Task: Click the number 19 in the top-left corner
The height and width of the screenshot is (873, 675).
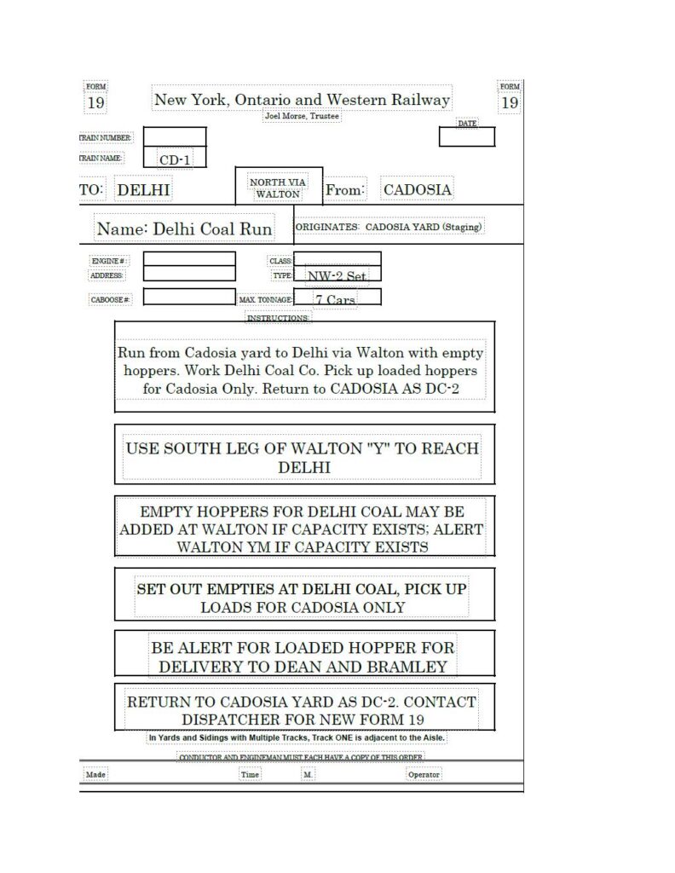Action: [x=95, y=104]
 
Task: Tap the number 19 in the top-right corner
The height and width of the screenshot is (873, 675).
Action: [x=510, y=103]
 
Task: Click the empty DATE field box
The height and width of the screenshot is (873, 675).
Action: [x=466, y=136]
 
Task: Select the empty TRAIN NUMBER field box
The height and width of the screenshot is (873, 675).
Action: [x=175, y=137]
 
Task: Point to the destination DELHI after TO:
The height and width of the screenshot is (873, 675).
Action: [x=143, y=189]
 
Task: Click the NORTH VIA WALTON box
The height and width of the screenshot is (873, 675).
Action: [x=278, y=188]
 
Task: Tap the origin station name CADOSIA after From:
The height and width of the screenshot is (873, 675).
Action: [x=417, y=189]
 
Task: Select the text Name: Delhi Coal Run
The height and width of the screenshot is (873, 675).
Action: [x=184, y=228]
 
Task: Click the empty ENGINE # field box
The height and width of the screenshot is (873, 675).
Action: [x=189, y=259]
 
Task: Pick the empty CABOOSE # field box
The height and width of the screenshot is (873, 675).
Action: [x=189, y=298]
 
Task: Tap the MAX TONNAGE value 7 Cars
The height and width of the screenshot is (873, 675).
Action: [x=335, y=299]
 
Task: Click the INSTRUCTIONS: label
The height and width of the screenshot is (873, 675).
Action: [x=278, y=318]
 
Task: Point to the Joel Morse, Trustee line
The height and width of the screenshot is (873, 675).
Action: [x=302, y=115]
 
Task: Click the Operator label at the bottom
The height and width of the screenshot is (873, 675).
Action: [x=424, y=775]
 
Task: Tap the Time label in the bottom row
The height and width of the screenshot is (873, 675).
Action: [x=250, y=775]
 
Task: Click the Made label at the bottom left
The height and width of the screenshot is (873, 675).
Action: [x=95, y=775]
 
